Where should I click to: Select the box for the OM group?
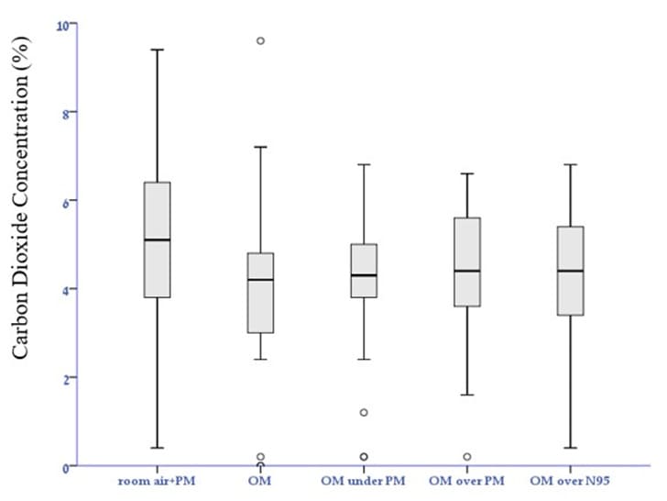click(260, 293)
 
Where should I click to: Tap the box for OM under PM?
click(364, 271)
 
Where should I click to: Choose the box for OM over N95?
click(571, 271)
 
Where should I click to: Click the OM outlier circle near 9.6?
click(260, 40)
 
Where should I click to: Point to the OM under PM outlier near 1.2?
click(364, 412)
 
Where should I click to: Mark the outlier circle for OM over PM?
click(467, 456)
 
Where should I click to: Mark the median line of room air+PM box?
click(157, 239)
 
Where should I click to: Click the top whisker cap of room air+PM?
click(157, 50)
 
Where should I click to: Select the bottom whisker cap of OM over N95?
click(571, 448)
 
